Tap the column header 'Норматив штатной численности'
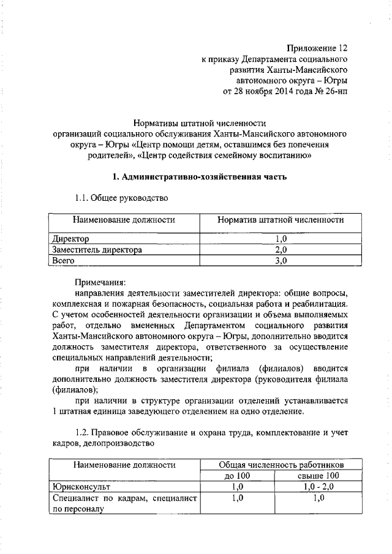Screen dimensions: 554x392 point(281,220)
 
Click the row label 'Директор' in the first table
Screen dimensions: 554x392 point(71,239)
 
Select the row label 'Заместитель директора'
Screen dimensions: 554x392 point(97,250)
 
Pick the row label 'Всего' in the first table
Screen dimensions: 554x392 point(64,261)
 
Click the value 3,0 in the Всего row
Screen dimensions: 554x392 point(281,261)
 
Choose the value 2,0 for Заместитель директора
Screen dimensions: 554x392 point(281,250)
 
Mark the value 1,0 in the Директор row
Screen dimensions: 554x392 point(281,239)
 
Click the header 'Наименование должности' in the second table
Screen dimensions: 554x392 point(124,465)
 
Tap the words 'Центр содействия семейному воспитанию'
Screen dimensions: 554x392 point(227,156)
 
